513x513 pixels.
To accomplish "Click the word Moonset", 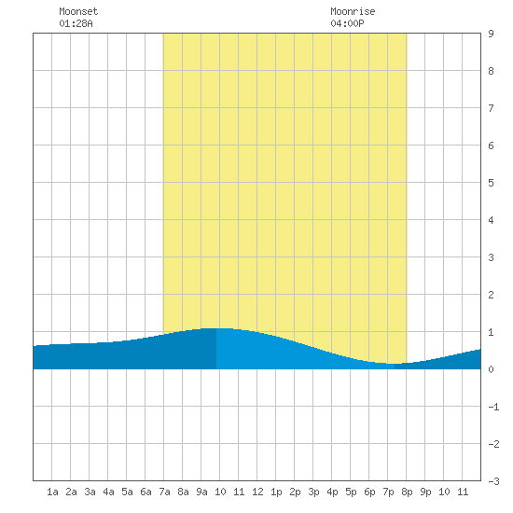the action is coord(78,11).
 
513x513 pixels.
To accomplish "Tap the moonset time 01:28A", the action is coord(76,23).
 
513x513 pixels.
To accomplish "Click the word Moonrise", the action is coord(353,11).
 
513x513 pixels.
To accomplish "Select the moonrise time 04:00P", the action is coord(347,23).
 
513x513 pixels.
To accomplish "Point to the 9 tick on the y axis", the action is coord(491,34).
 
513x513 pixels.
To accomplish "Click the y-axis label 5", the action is coord(491,183).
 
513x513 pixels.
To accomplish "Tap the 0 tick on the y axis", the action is coord(491,369).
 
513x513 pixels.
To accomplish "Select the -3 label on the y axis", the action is coord(494,481).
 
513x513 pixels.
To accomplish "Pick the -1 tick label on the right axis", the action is coord(494,407).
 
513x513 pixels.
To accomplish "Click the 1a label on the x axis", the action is coord(52,492).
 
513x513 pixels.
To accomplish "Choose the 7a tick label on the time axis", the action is coord(164,492).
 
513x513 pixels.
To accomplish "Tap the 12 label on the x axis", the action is coord(257,492).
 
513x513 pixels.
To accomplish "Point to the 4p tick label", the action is coord(332,492).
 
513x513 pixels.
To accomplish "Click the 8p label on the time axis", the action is coord(407,492).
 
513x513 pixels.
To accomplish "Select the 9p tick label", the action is coord(425,492).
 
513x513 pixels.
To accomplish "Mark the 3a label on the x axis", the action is coord(90,492).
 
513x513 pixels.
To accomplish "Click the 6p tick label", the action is coord(369,492).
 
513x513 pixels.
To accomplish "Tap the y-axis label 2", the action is coord(491,295).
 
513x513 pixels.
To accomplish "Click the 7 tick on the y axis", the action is coord(491,108).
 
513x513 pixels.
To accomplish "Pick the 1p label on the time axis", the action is coord(276,492).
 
